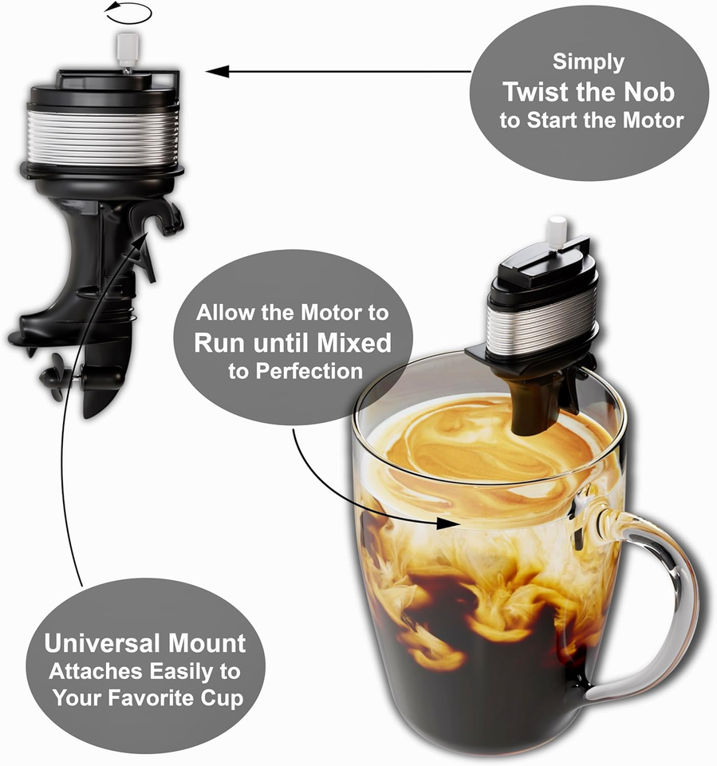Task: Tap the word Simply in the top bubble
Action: tap(589, 62)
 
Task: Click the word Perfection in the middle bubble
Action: tap(295, 371)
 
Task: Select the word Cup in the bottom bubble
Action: tap(221, 698)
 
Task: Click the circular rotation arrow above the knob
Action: tap(129, 14)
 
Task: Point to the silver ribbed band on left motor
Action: tap(103, 136)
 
